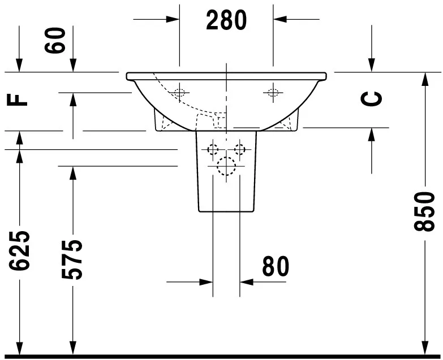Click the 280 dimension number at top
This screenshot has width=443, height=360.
(226, 20)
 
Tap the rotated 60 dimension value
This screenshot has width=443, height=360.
(55, 40)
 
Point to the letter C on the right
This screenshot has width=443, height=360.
(372, 99)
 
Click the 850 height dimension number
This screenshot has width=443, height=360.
(424, 211)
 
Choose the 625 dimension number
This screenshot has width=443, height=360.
(19, 250)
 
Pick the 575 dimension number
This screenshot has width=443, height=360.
(72, 259)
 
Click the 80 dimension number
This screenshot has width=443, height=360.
(276, 266)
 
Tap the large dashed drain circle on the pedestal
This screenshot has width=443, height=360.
(226, 166)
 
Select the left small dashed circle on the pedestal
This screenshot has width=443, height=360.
(213, 149)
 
